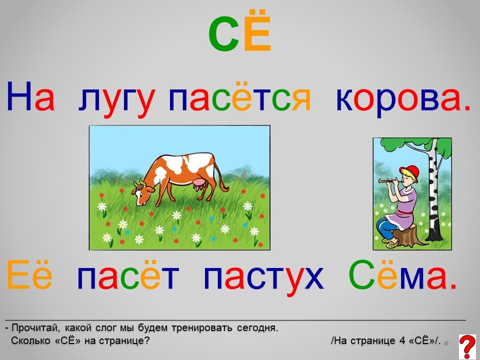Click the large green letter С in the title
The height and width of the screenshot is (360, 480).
[x=224, y=33]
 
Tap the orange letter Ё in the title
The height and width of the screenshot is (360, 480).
[x=257, y=30]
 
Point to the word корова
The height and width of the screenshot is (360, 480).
[x=403, y=98]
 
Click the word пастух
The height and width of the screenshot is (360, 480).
[x=263, y=278]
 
